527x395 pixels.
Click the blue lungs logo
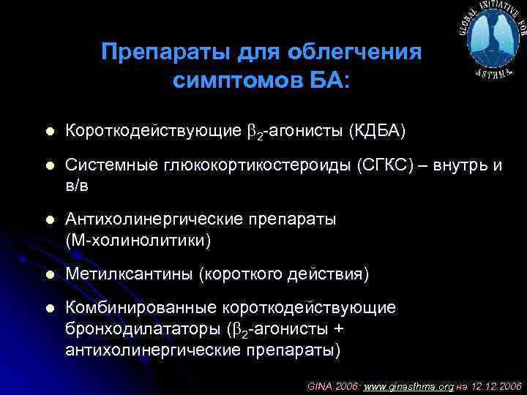pos(493,39)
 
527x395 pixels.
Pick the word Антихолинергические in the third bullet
pos(155,219)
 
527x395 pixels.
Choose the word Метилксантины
pos(127,274)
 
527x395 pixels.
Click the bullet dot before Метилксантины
pos(48,274)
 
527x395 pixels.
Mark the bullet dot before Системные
pos(48,166)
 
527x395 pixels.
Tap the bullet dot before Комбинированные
pos(48,309)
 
